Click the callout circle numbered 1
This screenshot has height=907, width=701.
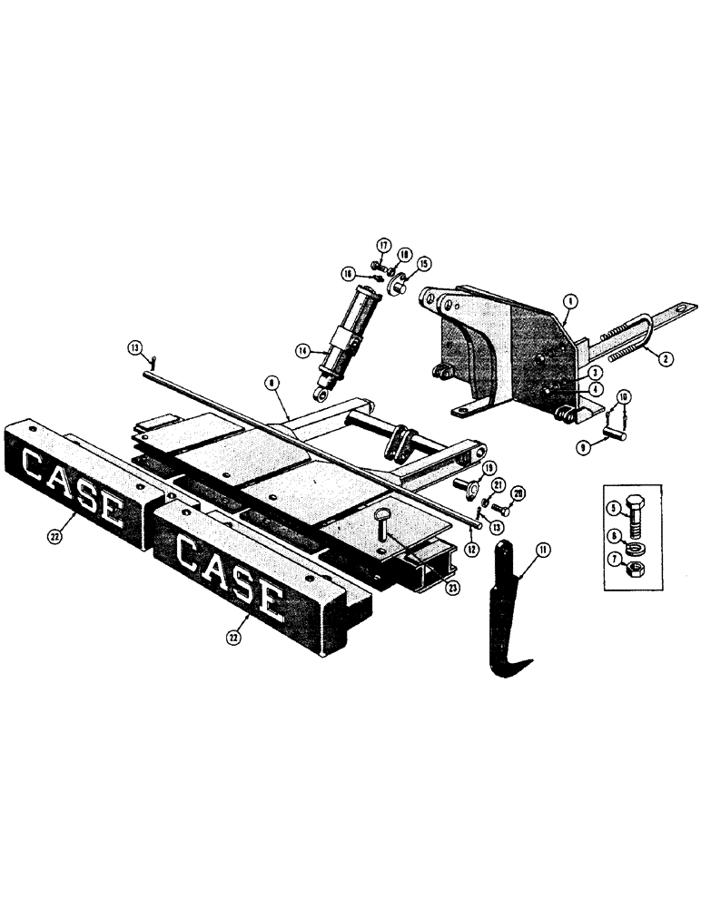(x=568, y=298)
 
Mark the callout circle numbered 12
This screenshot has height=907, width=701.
(x=472, y=548)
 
